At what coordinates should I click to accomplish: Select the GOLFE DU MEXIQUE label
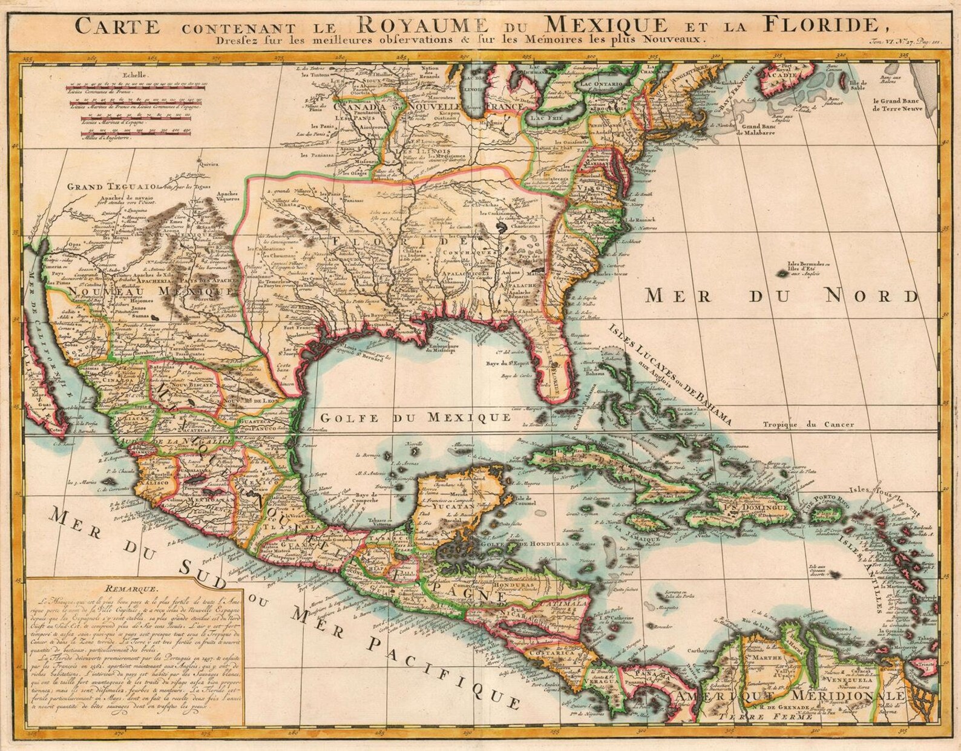click(415, 417)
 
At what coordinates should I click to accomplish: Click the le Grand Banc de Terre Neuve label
click(897, 105)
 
